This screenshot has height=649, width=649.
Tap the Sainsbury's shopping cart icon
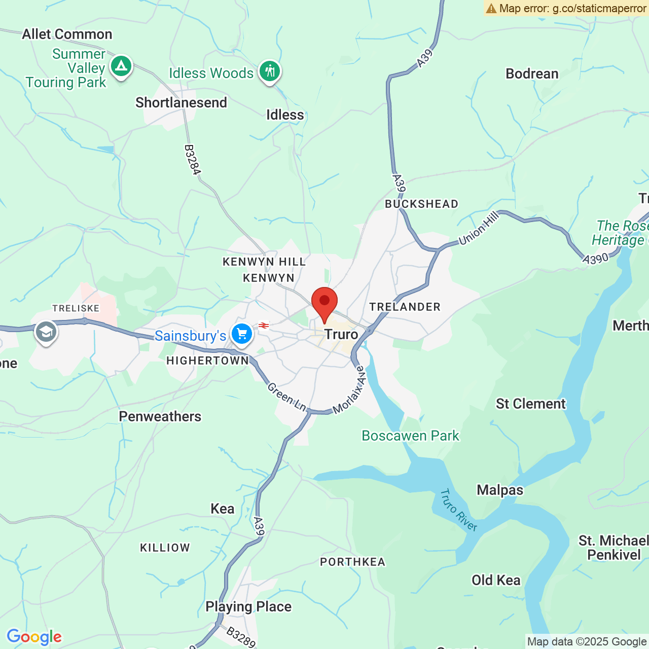242,334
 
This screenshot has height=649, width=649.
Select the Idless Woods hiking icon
270,71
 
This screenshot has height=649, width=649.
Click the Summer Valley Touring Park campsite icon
121,66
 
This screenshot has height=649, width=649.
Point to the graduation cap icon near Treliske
46,332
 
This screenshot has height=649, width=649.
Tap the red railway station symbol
264,326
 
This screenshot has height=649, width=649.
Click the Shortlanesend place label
181,102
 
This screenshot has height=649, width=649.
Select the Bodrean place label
532,74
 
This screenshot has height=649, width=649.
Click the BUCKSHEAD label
421,204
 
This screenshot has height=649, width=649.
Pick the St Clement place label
530,404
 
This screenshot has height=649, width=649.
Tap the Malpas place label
500,490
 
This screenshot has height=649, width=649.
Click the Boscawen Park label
410,436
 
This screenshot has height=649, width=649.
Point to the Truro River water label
458,510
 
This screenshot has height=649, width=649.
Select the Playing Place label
248,606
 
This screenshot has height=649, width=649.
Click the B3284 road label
192,160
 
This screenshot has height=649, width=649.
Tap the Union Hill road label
479,229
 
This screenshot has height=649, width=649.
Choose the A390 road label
595,259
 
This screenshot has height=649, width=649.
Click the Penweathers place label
160,416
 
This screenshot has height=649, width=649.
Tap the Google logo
34,637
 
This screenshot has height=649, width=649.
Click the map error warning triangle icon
491,8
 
